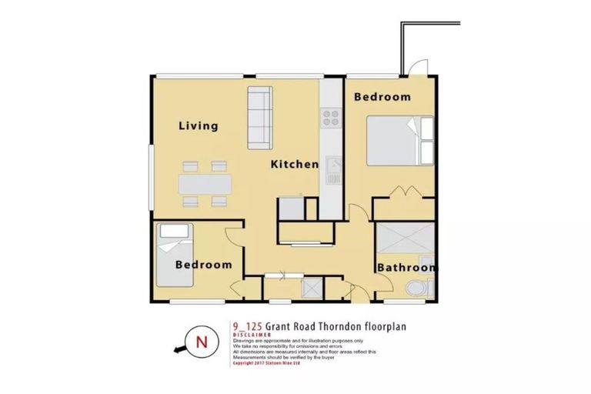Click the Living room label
tap(199, 126)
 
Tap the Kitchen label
tap(294, 164)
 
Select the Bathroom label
tap(406, 268)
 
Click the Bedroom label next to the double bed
tap(382, 97)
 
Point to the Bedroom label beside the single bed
tap(203, 265)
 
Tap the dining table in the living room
tap(205, 183)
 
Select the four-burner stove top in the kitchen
tap(332, 118)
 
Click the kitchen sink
tap(333, 169)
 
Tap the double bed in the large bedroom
tap(400, 140)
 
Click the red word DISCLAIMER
tap(251, 335)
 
